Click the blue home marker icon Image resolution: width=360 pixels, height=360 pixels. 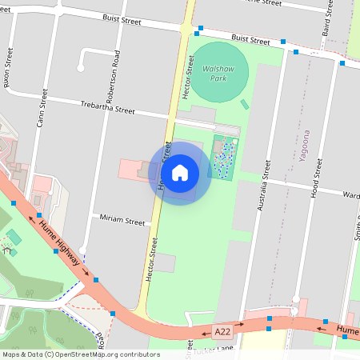pos(180,173)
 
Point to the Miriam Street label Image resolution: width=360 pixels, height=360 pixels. pos(122,220)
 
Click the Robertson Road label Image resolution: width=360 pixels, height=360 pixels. pos(117,67)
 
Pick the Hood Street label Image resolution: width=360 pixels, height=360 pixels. pos(318,178)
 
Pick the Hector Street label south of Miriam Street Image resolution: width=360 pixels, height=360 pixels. pos(150,258)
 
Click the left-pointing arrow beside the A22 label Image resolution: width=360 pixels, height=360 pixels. pos(205,332)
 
